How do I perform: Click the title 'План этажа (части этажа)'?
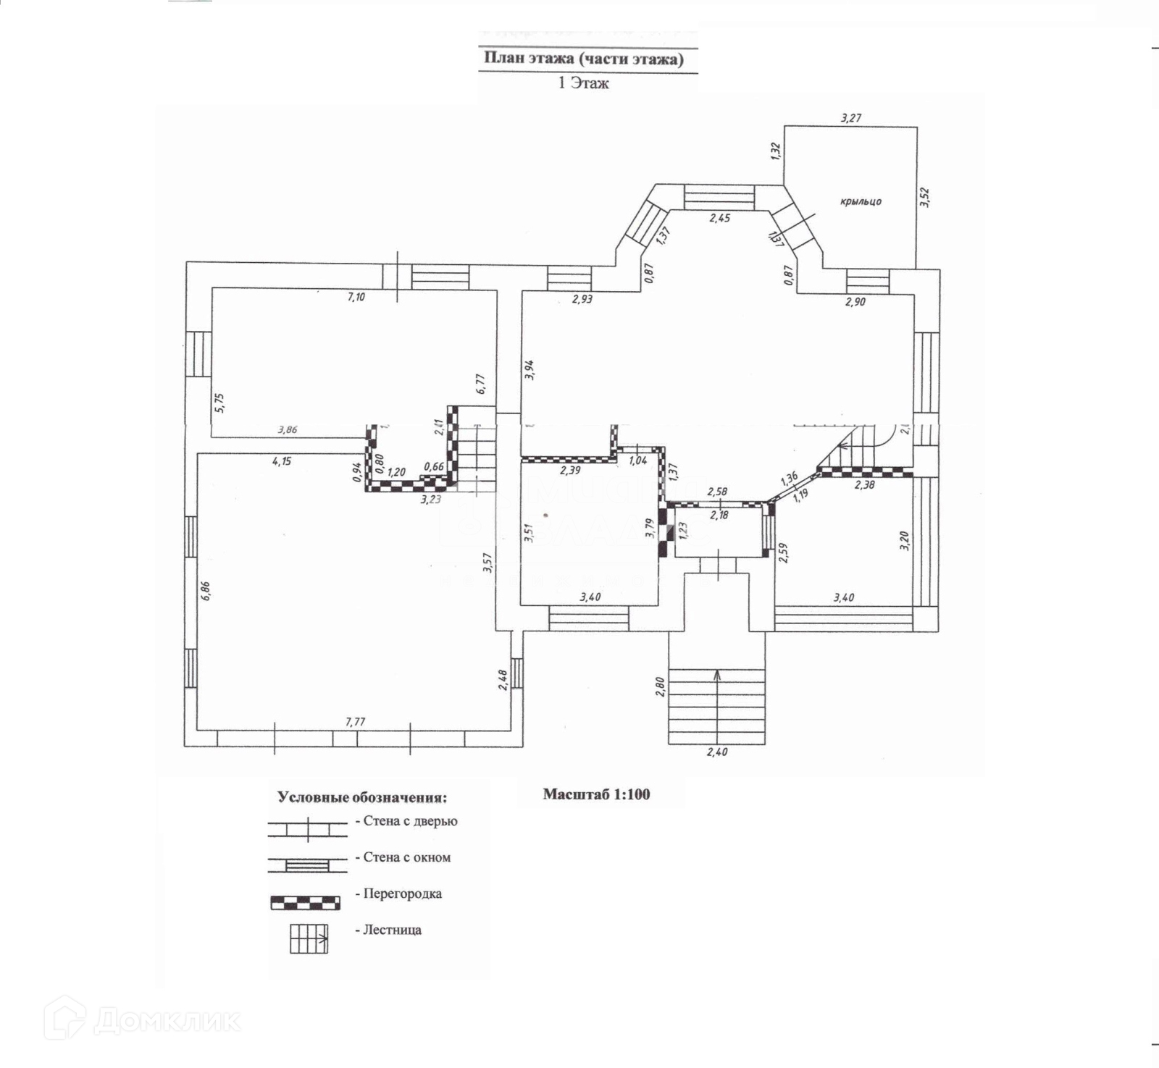click(583, 59)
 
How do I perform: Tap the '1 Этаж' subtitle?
click(583, 83)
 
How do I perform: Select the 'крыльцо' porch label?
click(861, 201)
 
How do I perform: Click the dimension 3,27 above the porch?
click(851, 117)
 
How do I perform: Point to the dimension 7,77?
click(356, 721)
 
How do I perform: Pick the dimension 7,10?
click(356, 297)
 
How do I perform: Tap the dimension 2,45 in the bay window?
click(720, 218)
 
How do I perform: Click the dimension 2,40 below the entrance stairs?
click(716, 752)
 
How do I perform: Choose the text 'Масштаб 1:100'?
click(596, 794)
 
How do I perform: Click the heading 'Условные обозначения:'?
click(362, 798)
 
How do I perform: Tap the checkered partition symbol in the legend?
click(305, 902)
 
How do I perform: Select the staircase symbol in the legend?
click(309, 938)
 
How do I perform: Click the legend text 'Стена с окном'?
click(406, 857)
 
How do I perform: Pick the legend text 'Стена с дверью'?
click(410, 821)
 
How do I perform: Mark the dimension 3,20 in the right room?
click(904, 541)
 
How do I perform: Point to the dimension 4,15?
click(282, 461)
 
